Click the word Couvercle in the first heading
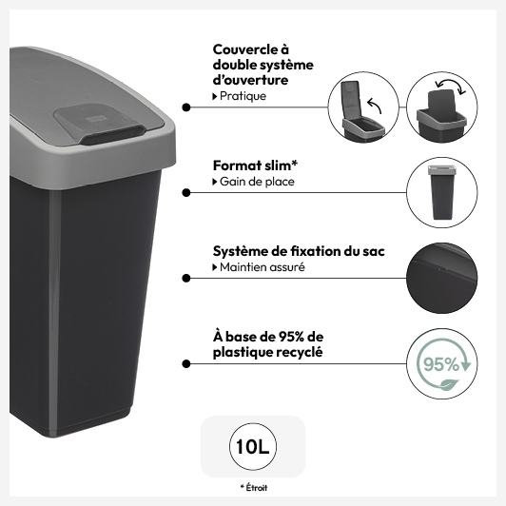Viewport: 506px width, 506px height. (245, 49)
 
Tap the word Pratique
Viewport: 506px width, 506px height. (243, 96)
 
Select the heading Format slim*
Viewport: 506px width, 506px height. (255, 165)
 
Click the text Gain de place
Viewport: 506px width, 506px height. (257, 182)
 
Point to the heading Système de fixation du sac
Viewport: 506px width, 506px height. (299, 251)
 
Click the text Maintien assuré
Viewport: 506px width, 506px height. (263, 267)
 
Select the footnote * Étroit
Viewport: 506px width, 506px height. (254, 488)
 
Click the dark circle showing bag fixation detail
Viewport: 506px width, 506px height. (441, 278)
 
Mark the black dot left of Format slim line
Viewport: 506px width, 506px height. (186, 193)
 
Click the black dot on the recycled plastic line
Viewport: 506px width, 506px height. (186, 363)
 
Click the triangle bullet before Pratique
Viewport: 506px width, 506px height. (215, 96)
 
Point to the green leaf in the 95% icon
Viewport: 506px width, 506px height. (450, 384)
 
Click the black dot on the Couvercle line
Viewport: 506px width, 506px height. (186, 107)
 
